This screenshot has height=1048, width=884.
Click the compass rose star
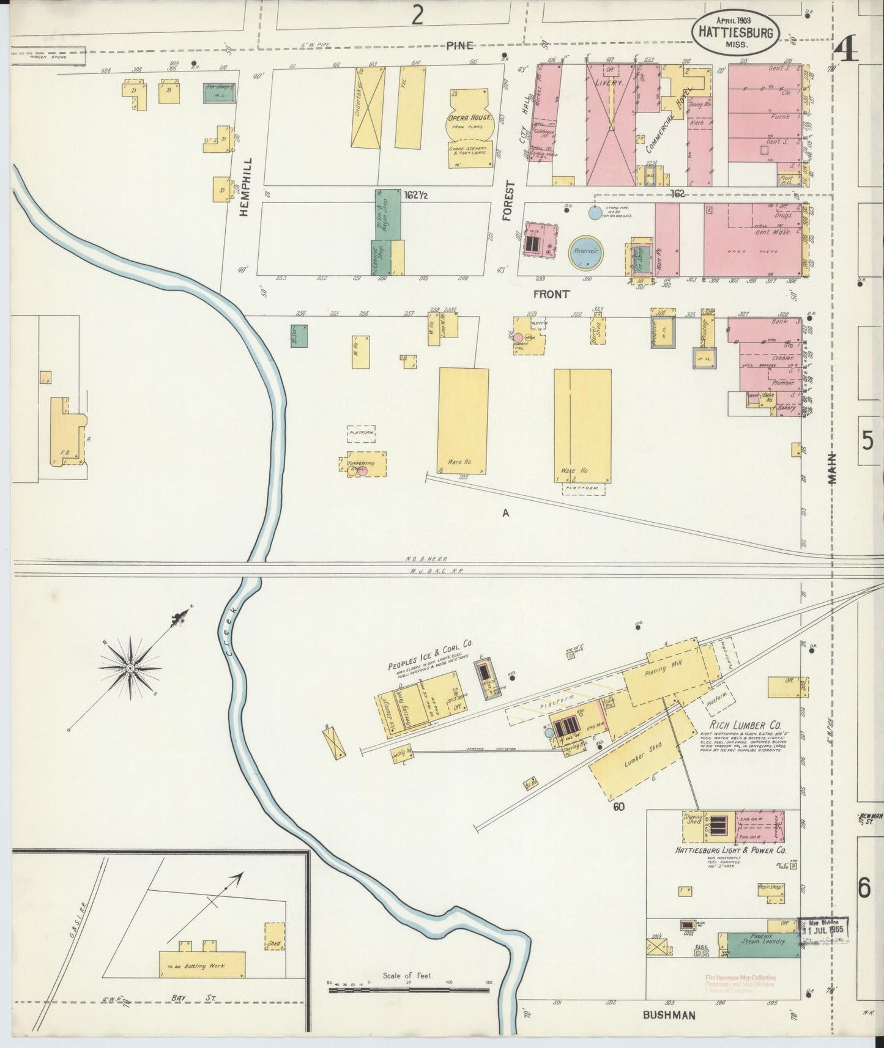coord(130,668)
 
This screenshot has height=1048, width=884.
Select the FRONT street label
coord(551,294)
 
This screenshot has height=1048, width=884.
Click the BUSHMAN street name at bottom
coord(669,1016)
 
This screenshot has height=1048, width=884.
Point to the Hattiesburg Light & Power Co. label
coord(730,850)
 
